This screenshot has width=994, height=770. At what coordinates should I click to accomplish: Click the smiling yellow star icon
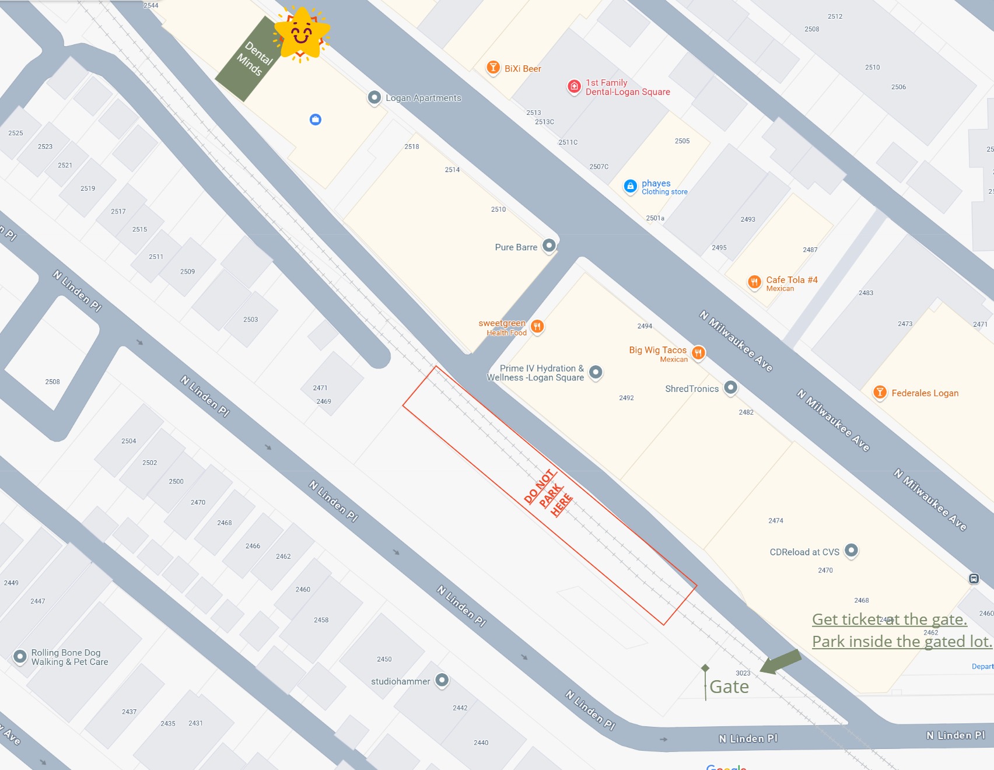[302, 34]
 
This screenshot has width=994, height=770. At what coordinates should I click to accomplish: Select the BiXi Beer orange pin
[493, 68]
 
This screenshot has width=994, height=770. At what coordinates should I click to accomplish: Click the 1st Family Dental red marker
[574, 87]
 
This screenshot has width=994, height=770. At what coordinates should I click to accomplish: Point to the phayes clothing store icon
[630, 186]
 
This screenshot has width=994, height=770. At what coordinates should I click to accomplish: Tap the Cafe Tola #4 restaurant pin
[754, 282]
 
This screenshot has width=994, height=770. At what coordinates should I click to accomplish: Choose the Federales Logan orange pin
[880, 393]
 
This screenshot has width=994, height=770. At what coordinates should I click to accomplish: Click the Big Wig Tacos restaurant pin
[698, 352]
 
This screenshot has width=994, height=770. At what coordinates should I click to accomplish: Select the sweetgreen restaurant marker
[537, 326]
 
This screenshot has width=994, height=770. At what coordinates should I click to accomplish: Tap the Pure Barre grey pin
[549, 246]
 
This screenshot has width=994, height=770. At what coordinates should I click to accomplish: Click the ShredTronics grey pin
[730, 387]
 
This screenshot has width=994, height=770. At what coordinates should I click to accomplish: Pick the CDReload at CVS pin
[851, 550]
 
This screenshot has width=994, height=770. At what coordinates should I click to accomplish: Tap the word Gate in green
[729, 687]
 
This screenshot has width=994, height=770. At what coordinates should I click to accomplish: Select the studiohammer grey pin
[442, 680]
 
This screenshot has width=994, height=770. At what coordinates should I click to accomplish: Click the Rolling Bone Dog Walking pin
[20, 656]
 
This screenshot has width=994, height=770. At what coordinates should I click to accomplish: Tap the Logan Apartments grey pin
[374, 97]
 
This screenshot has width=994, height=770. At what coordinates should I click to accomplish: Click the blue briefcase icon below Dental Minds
[316, 120]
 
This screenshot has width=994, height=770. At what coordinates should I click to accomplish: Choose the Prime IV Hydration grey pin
[596, 372]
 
